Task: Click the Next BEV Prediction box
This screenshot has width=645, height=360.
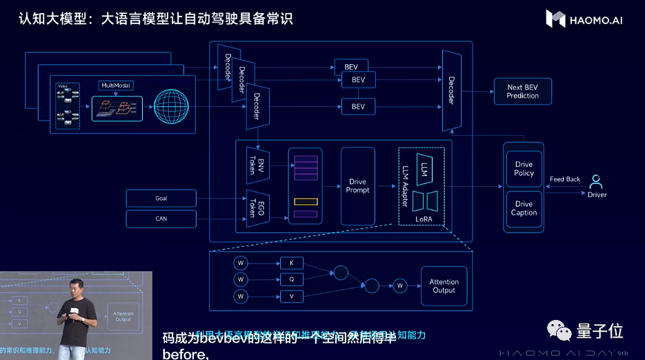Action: coord(522,92)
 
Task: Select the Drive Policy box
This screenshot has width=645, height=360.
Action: coord(524,169)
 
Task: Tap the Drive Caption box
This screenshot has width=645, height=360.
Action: coord(524,208)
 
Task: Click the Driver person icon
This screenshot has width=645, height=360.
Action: coord(597,183)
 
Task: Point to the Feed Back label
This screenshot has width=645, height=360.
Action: coord(565,179)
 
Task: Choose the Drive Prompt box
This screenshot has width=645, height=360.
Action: coord(358,186)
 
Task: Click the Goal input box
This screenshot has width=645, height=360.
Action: coord(161,199)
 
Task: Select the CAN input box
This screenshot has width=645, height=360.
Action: coord(161,219)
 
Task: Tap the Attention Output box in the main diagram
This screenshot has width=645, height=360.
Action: coord(444,286)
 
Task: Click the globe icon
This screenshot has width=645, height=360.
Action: coord(171,107)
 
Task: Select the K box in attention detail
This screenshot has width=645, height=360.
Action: coord(291,263)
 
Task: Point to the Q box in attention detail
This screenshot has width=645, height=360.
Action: coord(291,279)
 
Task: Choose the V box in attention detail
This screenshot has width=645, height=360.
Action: coord(291,297)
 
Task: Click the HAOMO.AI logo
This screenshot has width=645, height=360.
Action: coord(584,19)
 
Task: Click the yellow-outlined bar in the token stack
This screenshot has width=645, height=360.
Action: coord(305,202)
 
